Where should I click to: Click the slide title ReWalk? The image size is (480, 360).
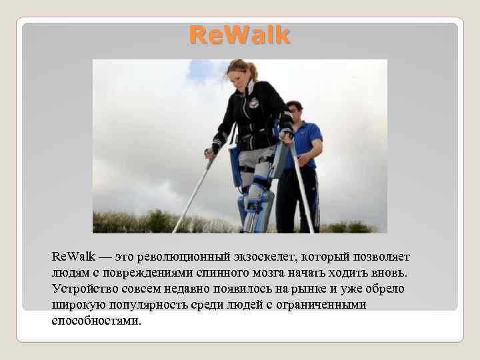[239, 35]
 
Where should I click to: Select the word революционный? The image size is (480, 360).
[175, 257]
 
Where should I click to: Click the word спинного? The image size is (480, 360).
[210, 273]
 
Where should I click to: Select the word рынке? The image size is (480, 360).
[288, 289]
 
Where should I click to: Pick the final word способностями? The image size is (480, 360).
[96, 321]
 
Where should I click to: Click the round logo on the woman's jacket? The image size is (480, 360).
[253, 103]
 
